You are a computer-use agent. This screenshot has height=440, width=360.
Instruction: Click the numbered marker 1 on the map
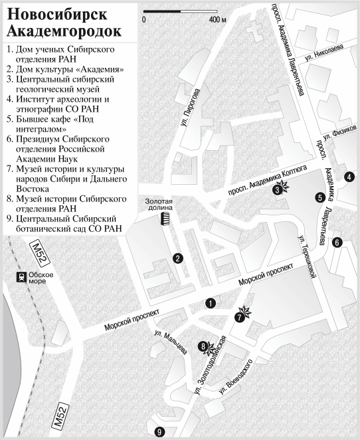211,303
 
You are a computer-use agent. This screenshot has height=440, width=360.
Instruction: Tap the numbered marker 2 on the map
177,259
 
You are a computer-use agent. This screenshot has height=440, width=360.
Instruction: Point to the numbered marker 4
349,176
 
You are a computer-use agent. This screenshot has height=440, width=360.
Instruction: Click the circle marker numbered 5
320,197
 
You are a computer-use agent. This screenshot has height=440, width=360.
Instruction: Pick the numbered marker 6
337,243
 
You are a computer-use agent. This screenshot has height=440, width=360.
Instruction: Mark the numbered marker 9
159,431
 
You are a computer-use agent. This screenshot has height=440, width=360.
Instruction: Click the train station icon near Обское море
22,277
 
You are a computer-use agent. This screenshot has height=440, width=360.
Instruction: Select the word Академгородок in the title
63,31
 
